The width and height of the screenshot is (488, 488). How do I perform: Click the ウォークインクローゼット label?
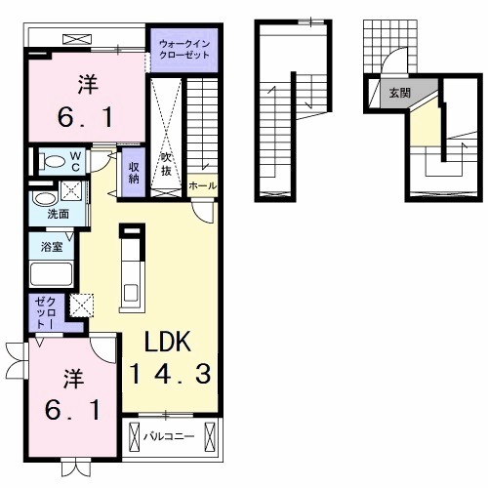[183, 49]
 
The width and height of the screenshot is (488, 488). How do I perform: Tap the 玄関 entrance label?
[400, 94]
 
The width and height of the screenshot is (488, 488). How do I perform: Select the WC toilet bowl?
[53, 161]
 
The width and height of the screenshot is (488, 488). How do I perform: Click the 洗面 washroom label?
[59, 214]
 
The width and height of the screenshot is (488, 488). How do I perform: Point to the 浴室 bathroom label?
[52, 247]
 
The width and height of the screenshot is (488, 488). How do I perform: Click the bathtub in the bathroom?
[51, 273]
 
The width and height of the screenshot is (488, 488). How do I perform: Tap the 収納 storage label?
[134, 173]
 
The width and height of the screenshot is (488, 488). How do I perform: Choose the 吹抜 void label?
[166, 164]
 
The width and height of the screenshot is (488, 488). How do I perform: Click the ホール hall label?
[202, 186]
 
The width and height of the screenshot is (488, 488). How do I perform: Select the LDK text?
[168, 342]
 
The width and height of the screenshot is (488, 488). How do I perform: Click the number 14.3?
[171, 374]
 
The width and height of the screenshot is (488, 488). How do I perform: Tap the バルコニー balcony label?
[169, 436]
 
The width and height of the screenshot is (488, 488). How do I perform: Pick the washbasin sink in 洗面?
[44, 198]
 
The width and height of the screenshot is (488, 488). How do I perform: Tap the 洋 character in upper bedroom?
[88, 84]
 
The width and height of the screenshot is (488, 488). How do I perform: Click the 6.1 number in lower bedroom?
[72, 410]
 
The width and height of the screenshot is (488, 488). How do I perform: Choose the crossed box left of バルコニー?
[134, 436]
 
